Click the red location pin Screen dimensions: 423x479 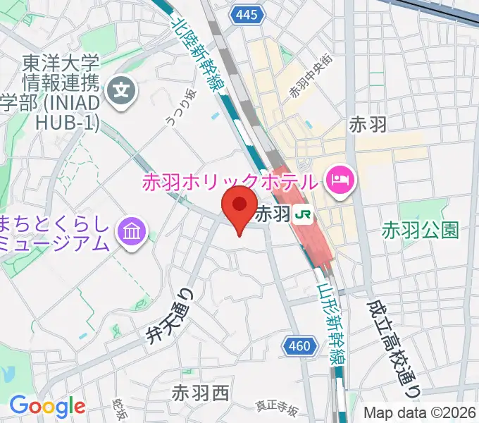pyautogui.click(x=239, y=205)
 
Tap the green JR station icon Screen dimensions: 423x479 pyautogui.click(x=304, y=214)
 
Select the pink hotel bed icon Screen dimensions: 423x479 pyautogui.click(x=341, y=180)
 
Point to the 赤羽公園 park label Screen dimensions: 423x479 pyautogui.click(x=421, y=230)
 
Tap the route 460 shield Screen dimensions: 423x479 pyautogui.click(x=299, y=345)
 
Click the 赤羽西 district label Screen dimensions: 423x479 pyautogui.click(x=201, y=392)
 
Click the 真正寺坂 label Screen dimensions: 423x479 pyautogui.click(x=278, y=408)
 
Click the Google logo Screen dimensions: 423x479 pyautogui.click(x=47, y=406)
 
